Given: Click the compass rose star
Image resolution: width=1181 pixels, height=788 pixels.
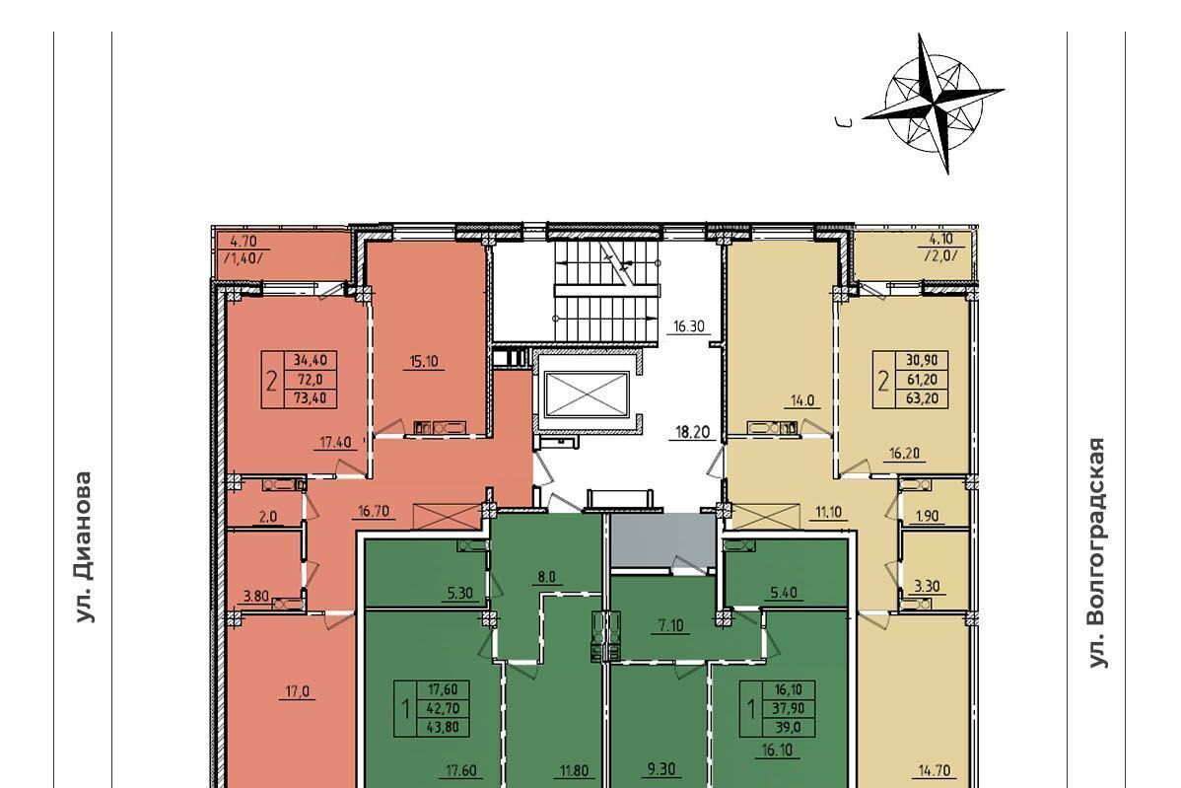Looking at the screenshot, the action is [934, 103].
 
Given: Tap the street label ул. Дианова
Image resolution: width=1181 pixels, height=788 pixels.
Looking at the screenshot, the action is [85, 547].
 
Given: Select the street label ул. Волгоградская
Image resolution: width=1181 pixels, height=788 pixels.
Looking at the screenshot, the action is [1097, 552].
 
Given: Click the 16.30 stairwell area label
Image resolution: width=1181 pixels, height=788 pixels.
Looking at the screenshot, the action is [688, 326].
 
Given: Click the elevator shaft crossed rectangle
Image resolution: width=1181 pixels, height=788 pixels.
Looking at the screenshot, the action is [587, 394].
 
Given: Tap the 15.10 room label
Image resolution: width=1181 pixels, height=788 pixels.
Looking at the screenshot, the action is [423, 361].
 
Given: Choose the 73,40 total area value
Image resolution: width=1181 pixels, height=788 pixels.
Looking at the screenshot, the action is [311, 397].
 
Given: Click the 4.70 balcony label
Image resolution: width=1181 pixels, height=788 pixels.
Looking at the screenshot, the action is [243, 242].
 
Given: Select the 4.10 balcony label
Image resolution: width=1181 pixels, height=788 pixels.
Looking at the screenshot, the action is [939, 241].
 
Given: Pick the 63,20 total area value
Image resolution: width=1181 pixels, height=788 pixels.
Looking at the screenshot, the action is [922, 397].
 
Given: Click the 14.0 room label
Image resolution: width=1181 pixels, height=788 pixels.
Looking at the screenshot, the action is [802, 400].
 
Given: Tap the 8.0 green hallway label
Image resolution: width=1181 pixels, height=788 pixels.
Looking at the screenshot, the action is [546, 577].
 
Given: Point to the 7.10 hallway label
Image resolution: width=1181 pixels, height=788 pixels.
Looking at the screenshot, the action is [669, 624].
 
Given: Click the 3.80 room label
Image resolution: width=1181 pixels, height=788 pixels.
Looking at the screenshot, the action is [255, 596].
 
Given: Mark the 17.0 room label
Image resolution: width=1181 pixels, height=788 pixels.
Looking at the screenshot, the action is [299, 690].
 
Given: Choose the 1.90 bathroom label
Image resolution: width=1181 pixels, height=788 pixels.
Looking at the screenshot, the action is [927, 516].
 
